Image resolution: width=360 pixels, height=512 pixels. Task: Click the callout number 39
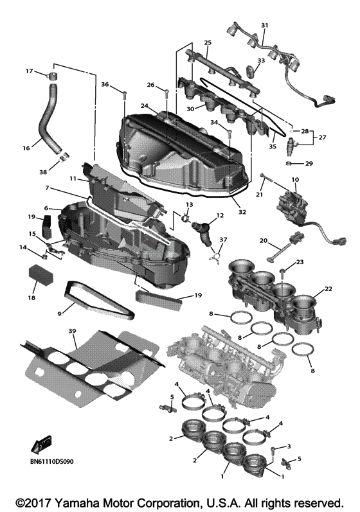pos(72,330)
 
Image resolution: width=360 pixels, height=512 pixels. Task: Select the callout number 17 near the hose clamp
pos(29,71)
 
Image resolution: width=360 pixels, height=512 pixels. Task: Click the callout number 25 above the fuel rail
pos(208,42)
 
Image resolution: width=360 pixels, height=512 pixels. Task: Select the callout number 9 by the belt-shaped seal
pos(60,313)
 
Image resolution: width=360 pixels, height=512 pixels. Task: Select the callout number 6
pos(46,208)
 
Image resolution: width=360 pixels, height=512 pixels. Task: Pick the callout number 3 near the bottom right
pos(289,446)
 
